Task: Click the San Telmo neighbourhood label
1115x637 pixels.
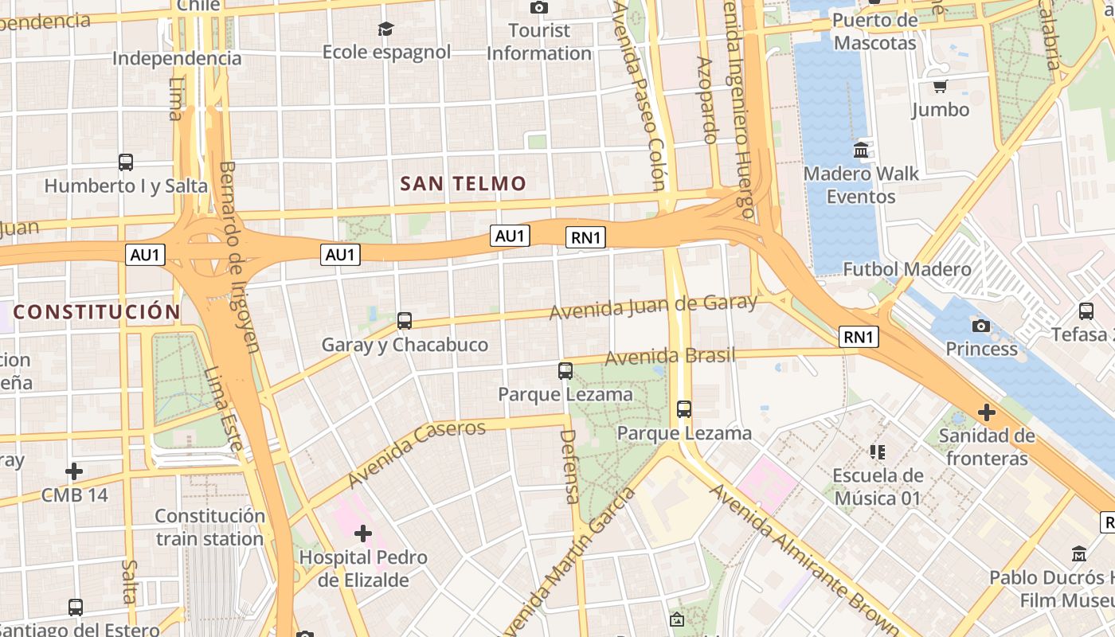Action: (463, 184)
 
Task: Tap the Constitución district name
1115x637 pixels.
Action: (96, 311)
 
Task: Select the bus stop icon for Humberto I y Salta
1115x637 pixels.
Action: (126, 162)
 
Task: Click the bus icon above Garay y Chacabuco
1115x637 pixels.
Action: (405, 321)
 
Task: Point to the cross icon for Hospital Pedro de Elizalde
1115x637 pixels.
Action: (363, 533)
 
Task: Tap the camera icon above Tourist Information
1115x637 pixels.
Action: (539, 8)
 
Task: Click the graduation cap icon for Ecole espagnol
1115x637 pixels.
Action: (386, 29)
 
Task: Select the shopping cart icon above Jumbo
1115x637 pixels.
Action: (940, 86)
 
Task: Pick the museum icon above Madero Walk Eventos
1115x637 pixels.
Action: (861, 150)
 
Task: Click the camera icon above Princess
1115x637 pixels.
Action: (981, 326)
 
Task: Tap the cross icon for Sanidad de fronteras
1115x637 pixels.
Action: (987, 412)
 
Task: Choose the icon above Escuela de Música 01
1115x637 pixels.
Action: (878, 452)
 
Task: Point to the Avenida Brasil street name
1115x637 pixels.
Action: (670, 357)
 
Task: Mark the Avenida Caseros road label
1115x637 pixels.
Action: (417, 454)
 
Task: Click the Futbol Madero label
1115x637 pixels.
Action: (907, 269)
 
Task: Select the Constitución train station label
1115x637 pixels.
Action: (209, 527)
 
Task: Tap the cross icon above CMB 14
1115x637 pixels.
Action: (74, 471)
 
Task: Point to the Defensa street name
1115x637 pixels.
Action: (569, 467)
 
